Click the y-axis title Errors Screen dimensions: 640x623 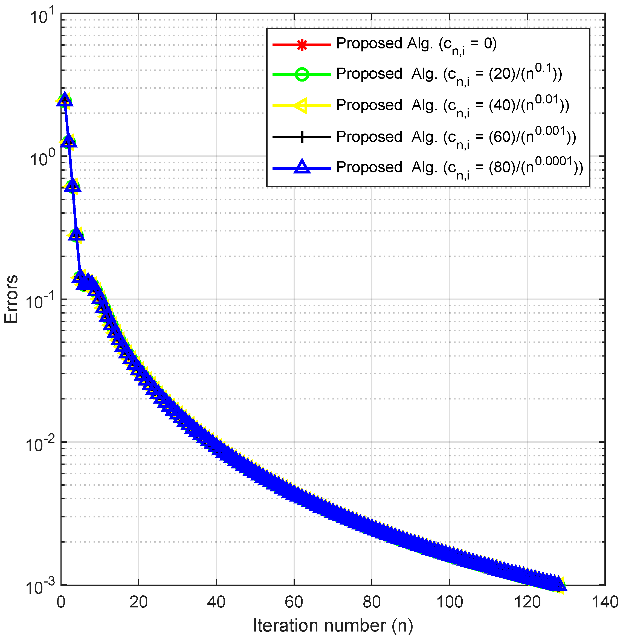11,299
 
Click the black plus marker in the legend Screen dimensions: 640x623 302,137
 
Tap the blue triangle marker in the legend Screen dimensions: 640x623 302,167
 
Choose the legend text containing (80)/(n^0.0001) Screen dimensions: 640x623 459,168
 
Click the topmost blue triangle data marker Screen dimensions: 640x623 65,100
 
